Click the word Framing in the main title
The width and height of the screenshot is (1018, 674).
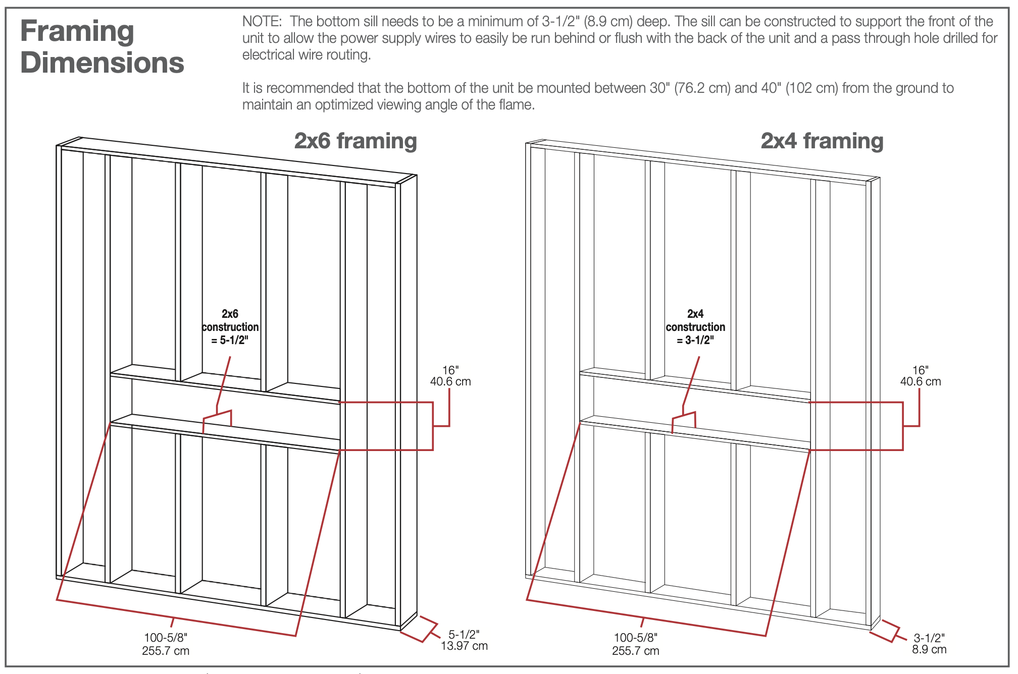point(77,31)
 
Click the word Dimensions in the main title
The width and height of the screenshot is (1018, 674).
point(103,63)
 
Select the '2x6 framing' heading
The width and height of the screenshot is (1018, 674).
point(355,141)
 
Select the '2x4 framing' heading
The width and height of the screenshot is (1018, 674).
point(822,141)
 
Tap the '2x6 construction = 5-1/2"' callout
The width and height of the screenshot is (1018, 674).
point(230,327)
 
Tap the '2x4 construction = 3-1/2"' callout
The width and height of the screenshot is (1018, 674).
point(695,327)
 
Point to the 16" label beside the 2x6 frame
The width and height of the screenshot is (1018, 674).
point(450,371)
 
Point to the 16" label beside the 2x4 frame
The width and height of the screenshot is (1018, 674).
point(920,371)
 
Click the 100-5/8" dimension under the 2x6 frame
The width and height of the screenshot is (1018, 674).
point(166,638)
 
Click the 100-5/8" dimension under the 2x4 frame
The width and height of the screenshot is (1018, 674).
point(636,638)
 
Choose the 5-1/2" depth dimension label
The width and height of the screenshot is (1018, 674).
point(464,635)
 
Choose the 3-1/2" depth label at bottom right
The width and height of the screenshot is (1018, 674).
point(929,638)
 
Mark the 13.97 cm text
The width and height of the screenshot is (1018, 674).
point(464,646)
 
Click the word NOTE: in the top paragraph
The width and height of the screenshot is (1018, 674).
point(262,22)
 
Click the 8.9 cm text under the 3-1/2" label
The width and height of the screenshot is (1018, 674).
point(929,650)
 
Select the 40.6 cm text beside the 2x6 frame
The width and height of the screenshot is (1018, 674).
point(450,382)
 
